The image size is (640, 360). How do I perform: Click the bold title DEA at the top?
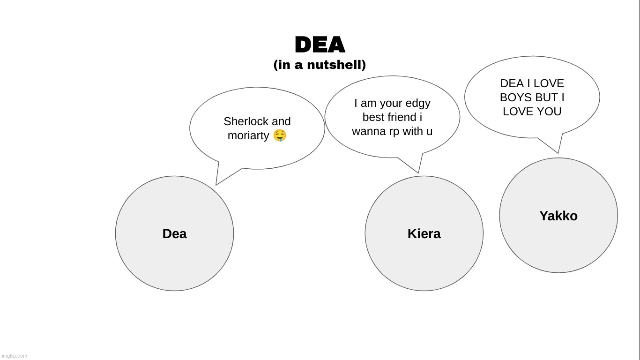(x=320, y=45)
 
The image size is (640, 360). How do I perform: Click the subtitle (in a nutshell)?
(x=320, y=65)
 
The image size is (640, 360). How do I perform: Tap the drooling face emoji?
(x=280, y=135)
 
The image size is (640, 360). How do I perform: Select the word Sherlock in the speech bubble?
(x=246, y=121)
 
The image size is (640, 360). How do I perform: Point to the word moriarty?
(x=248, y=135)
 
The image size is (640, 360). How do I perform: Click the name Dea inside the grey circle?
(x=175, y=233)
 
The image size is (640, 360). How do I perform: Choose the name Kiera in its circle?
(x=424, y=233)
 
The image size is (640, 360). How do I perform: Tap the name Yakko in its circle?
(x=558, y=216)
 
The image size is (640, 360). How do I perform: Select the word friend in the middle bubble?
(x=403, y=117)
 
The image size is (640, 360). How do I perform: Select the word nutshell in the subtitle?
(x=336, y=65)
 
